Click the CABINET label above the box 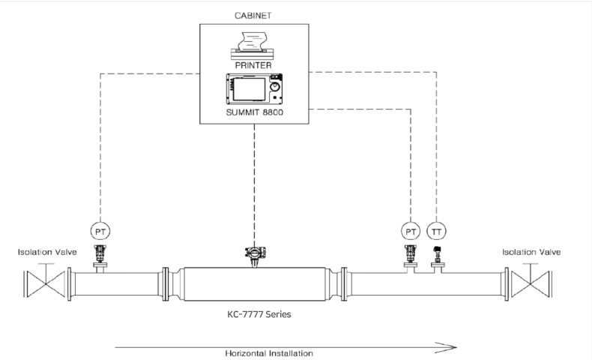tap(253, 16)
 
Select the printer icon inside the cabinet tap(253, 46)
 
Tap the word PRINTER tap(253, 65)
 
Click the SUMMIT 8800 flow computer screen tap(249, 89)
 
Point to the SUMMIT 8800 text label tap(255, 112)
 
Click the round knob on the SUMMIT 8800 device tap(275, 87)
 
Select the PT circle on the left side tap(100, 231)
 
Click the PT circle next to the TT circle tap(411, 231)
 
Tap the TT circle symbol tap(436, 231)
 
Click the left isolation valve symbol tap(46, 281)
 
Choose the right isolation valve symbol tap(531, 281)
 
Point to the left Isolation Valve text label tap(47, 252)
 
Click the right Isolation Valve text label tap(531, 252)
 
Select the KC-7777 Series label tap(259, 314)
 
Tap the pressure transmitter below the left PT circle tap(100, 253)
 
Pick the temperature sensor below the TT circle tap(437, 254)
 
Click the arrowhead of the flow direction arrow tap(447, 347)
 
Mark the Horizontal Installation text tap(269, 353)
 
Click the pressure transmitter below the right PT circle tap(411, 253)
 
